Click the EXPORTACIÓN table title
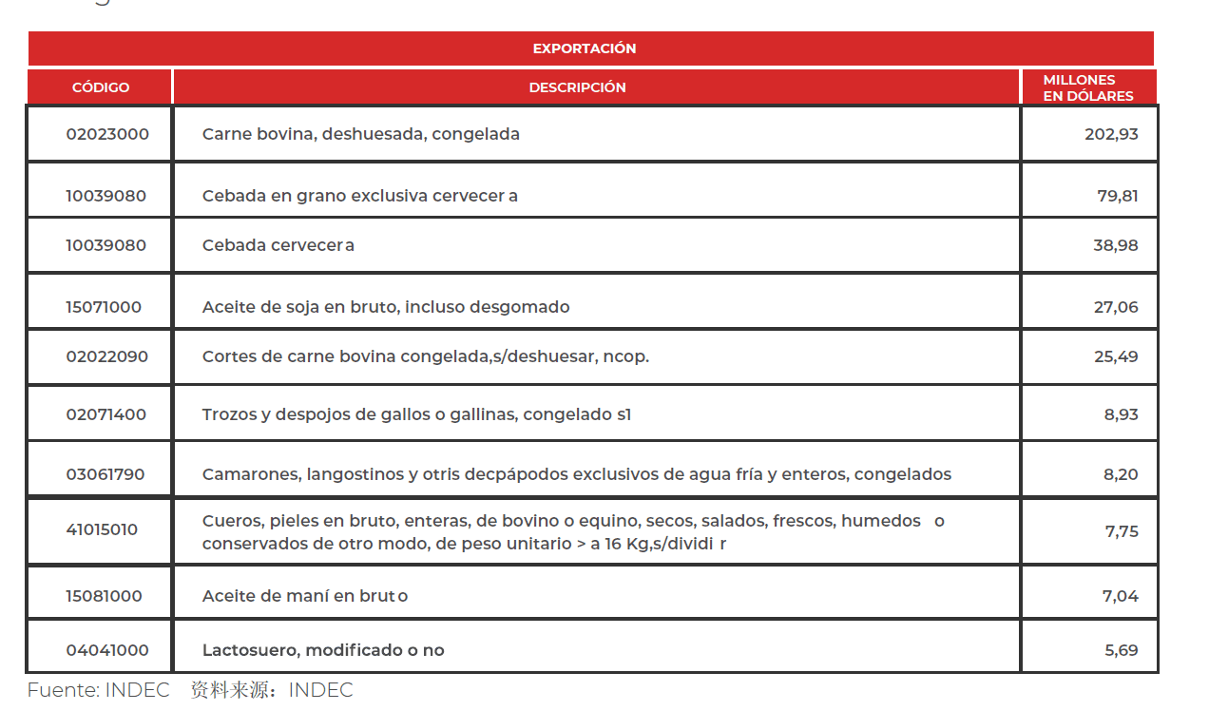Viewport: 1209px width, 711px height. pyautogui.click(x=584, y=48)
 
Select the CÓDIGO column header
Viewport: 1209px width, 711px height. pyautogui.click(x=101, y=87)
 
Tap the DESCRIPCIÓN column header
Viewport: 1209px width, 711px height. pyautogui.click(x=577, y=87)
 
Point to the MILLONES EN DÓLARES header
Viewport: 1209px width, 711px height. pyautogui.click(x=1087, y=87)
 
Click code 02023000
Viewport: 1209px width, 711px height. pyautogui.click(x=107, y=134)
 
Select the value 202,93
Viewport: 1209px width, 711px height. pyautogui.click(x=1111, y=134)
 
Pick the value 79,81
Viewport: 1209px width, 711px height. pyautogui.click(x=1117, y=196)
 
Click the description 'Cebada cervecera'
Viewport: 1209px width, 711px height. pyautogui.click(x=278, y=245)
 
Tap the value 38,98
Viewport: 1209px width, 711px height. pyautogui.click(x=1115, y=245)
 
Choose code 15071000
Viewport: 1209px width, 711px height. pyautogui.click(x=104, y=307)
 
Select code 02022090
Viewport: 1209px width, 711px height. pyautogui.click(x=106, y=356)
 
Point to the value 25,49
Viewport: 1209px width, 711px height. pyautogui.click(x=1115, y=356)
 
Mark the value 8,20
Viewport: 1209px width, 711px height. pyautogui.click(x=1121, y=474)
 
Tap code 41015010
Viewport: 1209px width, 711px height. pyautogui.click(x=102, y=529)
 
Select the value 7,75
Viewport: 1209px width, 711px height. pyautogui.click(x=1122, y=531)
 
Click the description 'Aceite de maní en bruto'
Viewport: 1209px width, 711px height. pyautogui.click(x=305, y=596)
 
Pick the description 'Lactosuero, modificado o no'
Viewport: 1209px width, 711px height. pyautogui.click(x=323, y=650)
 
